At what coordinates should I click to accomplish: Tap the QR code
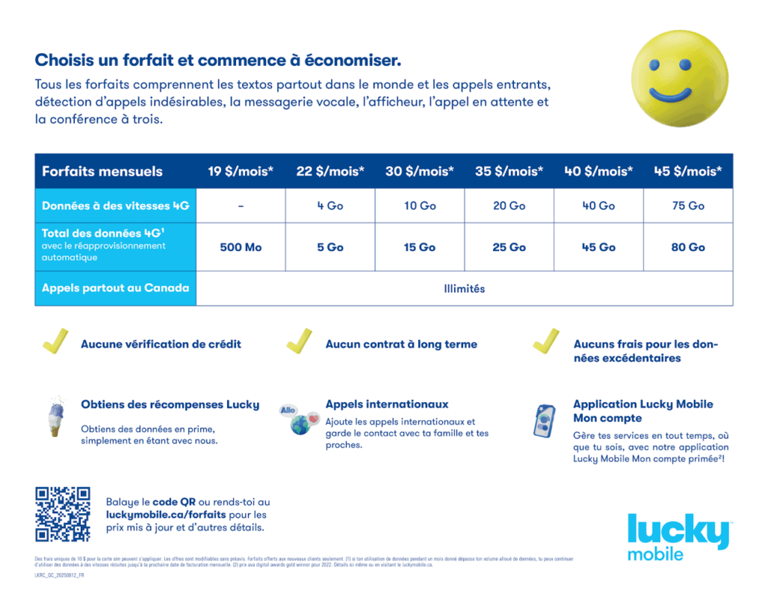(63, 514)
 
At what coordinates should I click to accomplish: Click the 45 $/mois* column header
(688, 171)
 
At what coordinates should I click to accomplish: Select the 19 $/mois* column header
(241, 171)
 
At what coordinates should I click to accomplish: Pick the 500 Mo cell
(241, 247)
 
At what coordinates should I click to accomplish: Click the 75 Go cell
(688, 205)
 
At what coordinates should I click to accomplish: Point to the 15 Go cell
(420, 247)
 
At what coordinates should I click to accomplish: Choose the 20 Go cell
(510, 205)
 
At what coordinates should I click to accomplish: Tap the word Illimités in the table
(464, 288)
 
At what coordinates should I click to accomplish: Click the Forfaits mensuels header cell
(102, 171)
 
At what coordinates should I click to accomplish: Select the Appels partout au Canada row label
(116, 288)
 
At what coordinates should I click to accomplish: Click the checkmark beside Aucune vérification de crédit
(55, 341)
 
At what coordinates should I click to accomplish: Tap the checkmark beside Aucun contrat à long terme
(299, 341)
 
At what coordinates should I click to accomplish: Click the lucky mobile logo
(678, 536)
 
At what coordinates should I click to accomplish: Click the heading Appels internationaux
(387, 404)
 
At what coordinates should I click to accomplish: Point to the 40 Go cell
(598, 205)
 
